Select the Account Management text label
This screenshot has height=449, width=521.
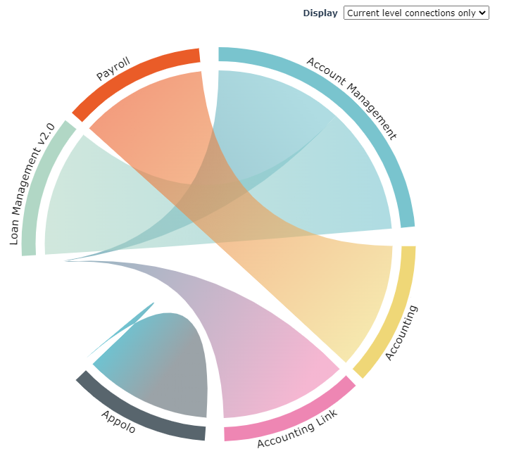click(x=352, y=99)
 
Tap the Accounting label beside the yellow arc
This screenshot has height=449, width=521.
click(x=402, y=333)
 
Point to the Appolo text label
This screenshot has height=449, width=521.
click(x=118, y=421)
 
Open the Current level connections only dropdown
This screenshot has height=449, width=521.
click(x=415, y=13)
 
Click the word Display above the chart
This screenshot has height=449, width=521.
click(x=320, y=13)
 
